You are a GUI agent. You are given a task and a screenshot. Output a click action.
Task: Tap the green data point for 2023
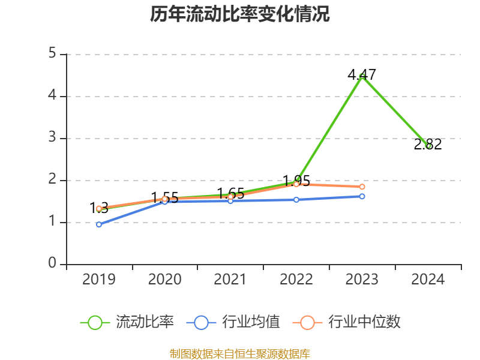(362, 76)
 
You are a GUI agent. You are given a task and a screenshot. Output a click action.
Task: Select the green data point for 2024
(428, 146)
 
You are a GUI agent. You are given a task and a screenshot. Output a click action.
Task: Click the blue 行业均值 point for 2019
(99, 224)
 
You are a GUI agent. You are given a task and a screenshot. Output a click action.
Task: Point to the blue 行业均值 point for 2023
(362, 196)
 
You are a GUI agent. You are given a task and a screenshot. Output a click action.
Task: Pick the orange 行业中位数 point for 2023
(362, 187)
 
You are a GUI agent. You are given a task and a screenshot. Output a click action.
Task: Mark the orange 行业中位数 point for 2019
(99, 208)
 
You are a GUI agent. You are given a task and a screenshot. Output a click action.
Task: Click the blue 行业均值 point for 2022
(296, 199)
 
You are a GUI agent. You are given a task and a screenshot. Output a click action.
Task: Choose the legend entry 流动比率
(127, 322)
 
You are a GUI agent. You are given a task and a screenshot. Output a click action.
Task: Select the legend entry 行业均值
(233, 322)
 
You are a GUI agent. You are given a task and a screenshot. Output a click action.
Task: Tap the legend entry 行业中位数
(347, 322)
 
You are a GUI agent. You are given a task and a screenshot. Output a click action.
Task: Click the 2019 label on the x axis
(99, 280)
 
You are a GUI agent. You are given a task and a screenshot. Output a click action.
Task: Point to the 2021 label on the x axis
(230, 280)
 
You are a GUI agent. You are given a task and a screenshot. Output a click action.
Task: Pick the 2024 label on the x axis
(428, 280)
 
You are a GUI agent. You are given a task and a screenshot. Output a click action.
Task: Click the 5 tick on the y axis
(52, 54)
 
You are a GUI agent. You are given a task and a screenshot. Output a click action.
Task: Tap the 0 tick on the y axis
(52, 264)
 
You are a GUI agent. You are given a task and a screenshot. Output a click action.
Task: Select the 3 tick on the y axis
(52, 138)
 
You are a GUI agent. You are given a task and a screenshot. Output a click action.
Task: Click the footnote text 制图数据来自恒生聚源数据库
(240, 354)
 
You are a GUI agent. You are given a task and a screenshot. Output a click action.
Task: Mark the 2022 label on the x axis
(296, 280)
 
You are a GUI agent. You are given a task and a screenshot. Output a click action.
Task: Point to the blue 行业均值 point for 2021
(230, 200)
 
